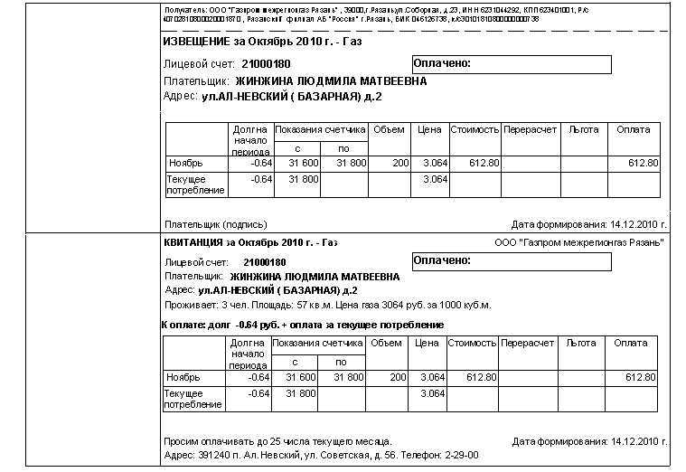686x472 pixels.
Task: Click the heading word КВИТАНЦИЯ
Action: click(193, 242)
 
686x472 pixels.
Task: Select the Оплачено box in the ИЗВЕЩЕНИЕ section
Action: click(510, 64)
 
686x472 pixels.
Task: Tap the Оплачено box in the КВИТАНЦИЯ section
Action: click(510, 260)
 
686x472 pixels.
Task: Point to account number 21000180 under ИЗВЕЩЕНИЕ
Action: click(266, 64)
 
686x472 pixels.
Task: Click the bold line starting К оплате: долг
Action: click(302, 324)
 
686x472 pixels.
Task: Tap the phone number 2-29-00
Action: click(460, 454)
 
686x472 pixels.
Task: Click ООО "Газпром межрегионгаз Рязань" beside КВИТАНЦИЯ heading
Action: click(580, 243)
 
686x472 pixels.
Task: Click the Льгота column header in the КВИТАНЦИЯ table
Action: click(580, 344)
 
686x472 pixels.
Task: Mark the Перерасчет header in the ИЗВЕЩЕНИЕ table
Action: click(531, 129)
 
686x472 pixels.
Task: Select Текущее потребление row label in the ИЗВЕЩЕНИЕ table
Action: click(188, 184)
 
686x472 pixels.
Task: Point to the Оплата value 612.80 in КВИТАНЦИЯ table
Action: click(640, 377)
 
